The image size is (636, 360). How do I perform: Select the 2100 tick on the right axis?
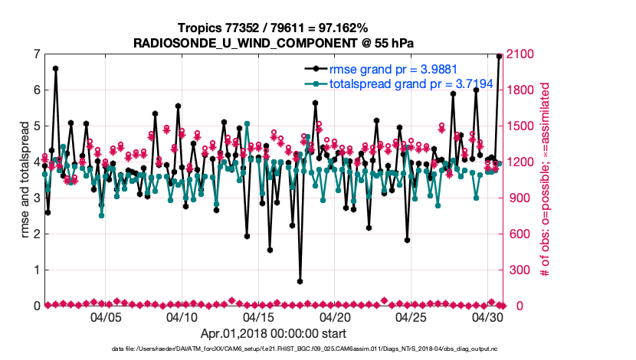click(x=521, y=54)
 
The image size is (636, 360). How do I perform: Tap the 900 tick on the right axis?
click(x=518, y=198)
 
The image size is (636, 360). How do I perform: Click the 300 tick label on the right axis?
click(x=518, y=270)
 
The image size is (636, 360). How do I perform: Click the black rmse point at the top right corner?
click(x=499, y=56)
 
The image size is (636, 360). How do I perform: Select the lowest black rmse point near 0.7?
click(x=300, y=281)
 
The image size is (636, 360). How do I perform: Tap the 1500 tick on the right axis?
click(x=521, y=126)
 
